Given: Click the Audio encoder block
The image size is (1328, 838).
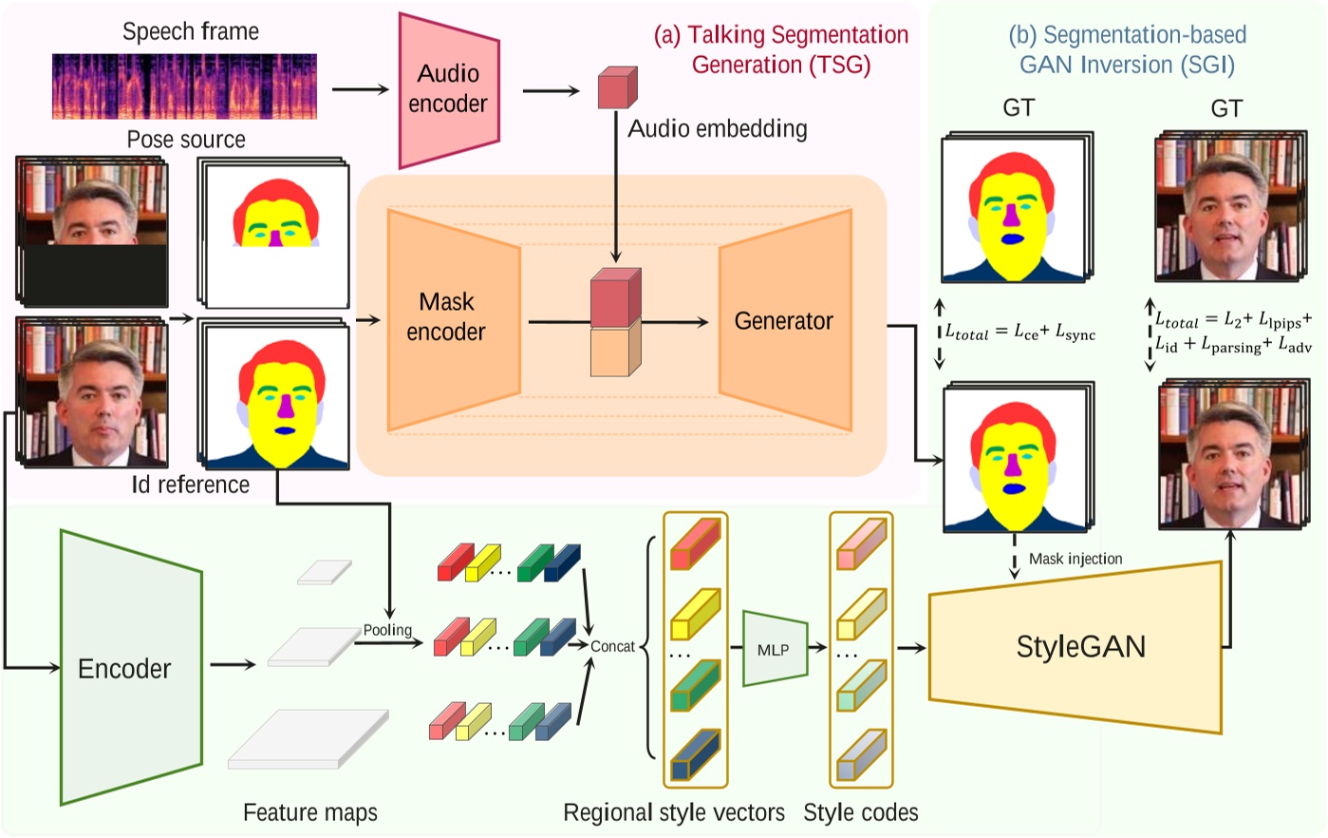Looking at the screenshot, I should pos(448,89).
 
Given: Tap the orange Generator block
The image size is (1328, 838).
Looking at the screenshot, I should pos(784,321).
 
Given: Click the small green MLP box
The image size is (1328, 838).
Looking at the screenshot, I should pos(774,650).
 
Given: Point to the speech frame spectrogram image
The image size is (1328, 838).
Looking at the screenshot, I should pos(184,86).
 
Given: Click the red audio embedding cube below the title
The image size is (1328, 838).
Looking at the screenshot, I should pos(617,88).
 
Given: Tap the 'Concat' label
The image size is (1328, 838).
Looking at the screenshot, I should pos(612,646).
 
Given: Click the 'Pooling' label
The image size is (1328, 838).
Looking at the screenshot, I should pos(387,630).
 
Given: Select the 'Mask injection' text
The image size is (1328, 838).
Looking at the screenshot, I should pos(1075,559).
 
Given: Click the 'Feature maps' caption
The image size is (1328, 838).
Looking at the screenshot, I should pos(310,812).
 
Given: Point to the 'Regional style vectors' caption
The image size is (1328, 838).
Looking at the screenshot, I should pos(674,812).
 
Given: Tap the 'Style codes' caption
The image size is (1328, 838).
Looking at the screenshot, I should pos(860,812).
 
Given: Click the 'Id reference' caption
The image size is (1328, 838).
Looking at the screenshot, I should pos(191,485).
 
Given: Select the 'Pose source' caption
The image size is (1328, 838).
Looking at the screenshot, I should pos(186,140).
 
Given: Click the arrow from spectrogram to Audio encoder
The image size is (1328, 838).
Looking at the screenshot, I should pos(361,90).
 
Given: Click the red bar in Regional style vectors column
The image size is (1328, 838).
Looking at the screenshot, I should pos(695,544).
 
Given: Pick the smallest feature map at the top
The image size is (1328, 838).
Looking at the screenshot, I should pos(324,572).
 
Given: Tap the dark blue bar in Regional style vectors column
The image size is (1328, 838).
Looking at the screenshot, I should pos(695,756).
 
